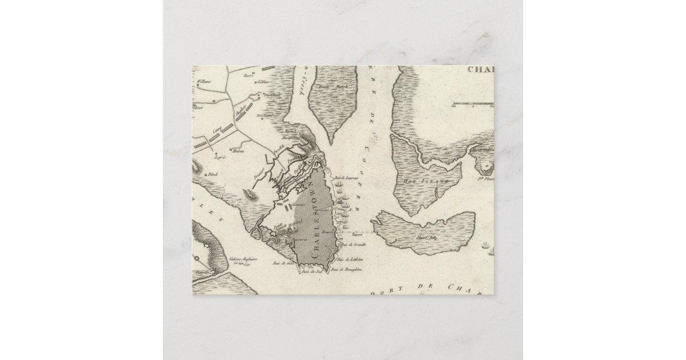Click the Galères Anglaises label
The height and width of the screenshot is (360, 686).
click(x=244, y=259)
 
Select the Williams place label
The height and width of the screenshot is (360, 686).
click(x=204, y=82)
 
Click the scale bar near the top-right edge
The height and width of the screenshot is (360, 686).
click(x=473, y=105)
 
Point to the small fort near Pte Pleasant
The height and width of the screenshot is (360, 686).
click(x=486, y=166)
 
